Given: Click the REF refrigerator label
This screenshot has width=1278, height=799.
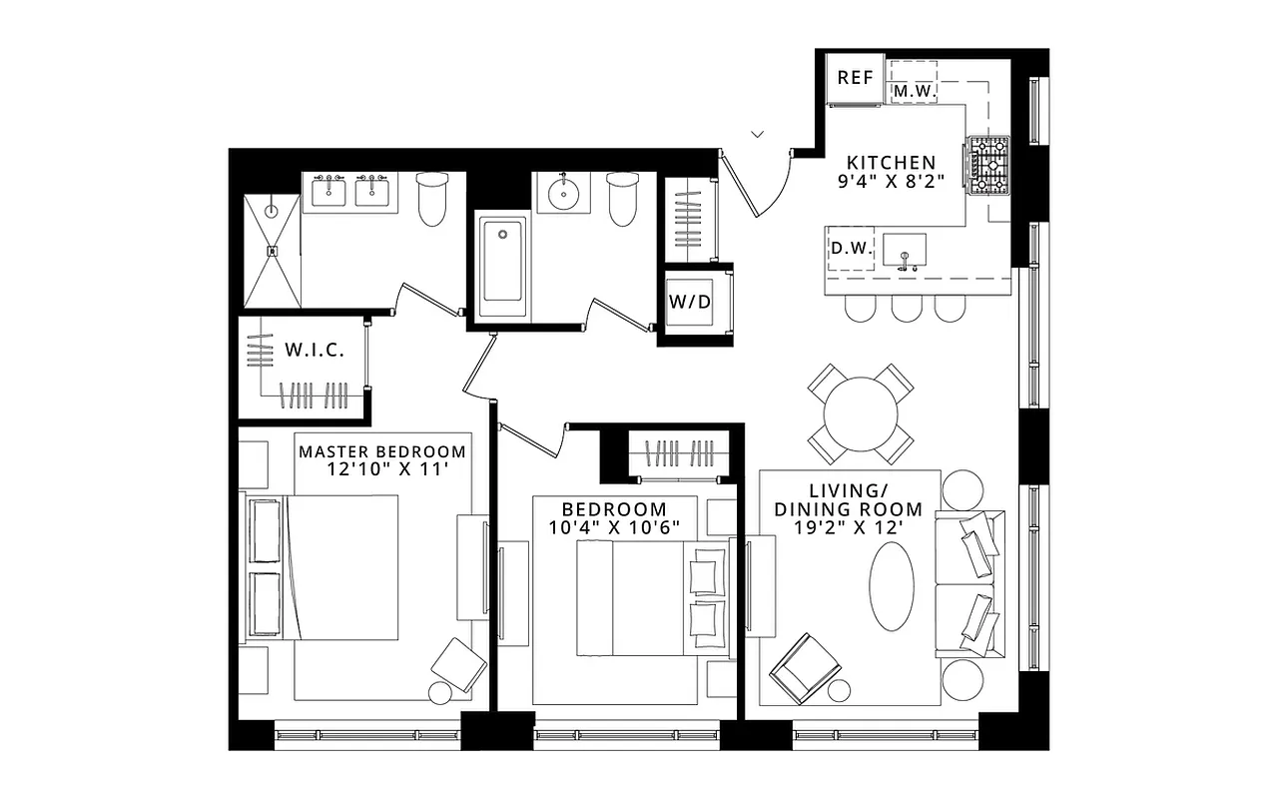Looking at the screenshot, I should pos(855,78).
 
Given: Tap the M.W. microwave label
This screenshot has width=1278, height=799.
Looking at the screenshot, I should pos(913,92).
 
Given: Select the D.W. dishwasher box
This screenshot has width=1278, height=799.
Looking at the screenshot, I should pos(852,248).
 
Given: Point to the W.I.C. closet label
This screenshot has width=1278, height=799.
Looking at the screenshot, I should pos(316,351).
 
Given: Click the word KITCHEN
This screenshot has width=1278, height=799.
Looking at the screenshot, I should pos(891,163).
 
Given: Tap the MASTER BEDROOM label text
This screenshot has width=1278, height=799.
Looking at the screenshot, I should pos(382,451).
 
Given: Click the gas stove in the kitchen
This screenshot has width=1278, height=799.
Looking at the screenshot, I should pos(988,165).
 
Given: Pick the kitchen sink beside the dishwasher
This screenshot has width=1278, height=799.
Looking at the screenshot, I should pos(905,250).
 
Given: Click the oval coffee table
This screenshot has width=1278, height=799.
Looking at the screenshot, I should pos(892,586).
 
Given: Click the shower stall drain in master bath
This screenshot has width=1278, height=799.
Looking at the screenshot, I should pos(272,252).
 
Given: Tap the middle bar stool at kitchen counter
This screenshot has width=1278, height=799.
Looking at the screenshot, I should pos(907,309).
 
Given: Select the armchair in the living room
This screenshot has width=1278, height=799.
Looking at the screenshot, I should pos(805,664).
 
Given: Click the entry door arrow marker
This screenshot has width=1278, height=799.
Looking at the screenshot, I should pos(758,133).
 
